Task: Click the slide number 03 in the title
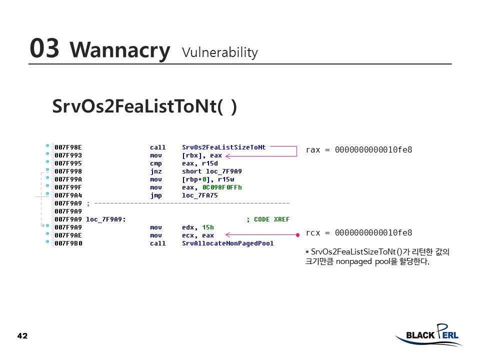tap(44, 48)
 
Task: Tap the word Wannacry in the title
tap(119, 50)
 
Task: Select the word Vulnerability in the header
tap(220, 52)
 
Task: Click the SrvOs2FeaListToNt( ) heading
tap(144, 106)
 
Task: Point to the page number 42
tap(22, 336)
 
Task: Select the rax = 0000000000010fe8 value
tap(358, 149)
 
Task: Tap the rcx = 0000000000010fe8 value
tap(358, 232)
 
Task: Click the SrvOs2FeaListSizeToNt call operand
tap(223, 147)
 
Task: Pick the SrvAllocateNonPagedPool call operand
tap(227, 243)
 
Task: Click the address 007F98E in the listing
tap(68, 147)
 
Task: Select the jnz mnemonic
tap(155, 171)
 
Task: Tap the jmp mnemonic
tap(155, 195)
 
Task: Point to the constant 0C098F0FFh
tap(222, 187)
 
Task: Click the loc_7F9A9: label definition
tap(106, 219)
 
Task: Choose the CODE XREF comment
tap(268, 219)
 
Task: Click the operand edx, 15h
tap(198, 227)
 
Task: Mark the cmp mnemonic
tap(155, 163)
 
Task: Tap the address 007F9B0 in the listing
tap(68, 243)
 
